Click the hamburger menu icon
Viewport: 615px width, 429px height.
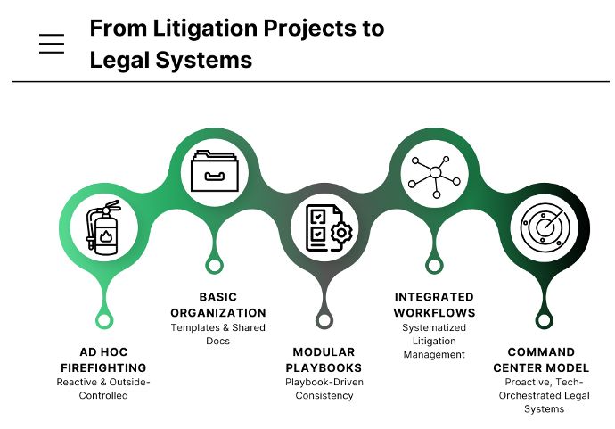[x=52, y=44]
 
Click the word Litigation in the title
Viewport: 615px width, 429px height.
[x=198, y=28]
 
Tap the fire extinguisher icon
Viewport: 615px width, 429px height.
[x=104, y=228]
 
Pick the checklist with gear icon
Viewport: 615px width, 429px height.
[x=324, y=228]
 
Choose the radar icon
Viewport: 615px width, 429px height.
[x=543, y=228]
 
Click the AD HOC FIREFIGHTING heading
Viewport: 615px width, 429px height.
[x=103, y=359]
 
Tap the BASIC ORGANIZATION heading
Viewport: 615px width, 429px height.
[x=218, y=304]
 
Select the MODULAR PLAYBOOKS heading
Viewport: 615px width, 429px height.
[x=324, y=359]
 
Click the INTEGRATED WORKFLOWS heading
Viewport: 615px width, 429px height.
[x=434, y=304]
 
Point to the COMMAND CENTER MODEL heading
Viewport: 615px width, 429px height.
[x=543, y=359]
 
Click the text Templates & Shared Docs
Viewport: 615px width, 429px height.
[x=218, y=334]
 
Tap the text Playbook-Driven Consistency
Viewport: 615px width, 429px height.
[x=324, y=389]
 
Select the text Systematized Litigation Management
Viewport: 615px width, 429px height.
[x=434, y=341]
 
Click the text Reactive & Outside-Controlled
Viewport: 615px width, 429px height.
[x=103, y=389]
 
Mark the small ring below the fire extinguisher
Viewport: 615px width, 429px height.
[x=104, y=320]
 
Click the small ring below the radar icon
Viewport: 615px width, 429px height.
[x=543, y=320]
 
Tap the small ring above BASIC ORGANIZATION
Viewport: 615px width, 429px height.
[x=214, y=265]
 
